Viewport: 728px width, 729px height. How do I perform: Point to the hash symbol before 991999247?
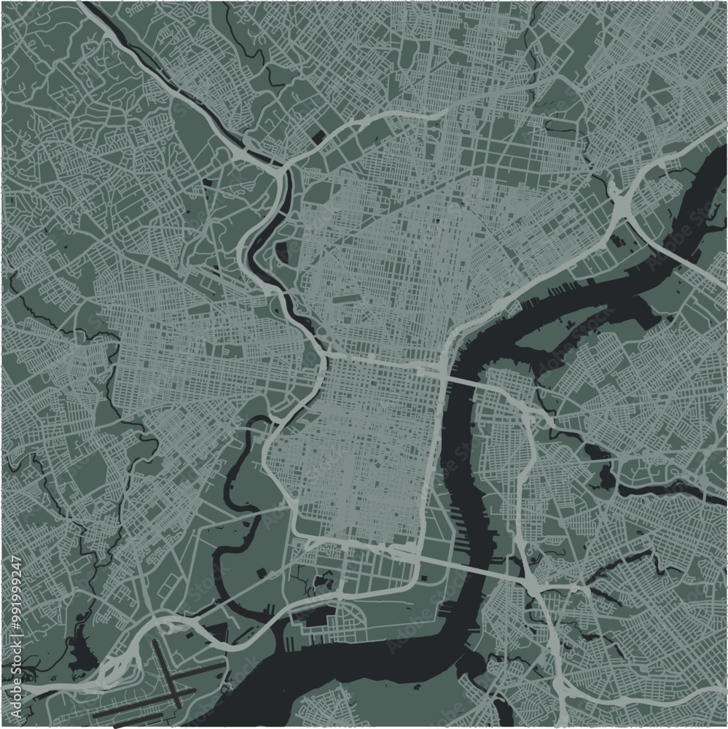(x=17, y=626)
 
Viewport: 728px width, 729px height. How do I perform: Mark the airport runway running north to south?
(x=165, y=674)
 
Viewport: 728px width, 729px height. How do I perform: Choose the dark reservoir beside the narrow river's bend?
(x=281, y=252)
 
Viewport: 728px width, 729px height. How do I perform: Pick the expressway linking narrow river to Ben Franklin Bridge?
(x=379, y=360)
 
